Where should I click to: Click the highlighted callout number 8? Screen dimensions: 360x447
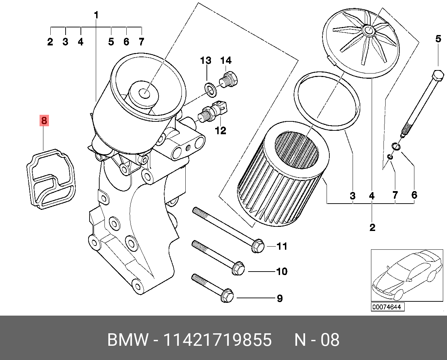click(x=44, y=121)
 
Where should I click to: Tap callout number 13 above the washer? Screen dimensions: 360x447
click(x=205, y=61)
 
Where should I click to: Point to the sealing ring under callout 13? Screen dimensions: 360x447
click(x=210, y=89)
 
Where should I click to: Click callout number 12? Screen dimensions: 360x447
click(x=220, y=130)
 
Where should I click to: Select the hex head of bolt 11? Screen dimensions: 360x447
click(x=257, y=246)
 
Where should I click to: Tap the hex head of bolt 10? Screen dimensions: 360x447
click(x=238, y=269)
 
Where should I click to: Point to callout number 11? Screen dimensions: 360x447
click(x=282, y=246)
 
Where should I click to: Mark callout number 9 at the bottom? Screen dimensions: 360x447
click(x=280, y=298)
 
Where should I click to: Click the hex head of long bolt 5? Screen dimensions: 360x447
click(x=438, y=76)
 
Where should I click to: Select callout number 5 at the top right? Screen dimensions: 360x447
click(x=438, y=39)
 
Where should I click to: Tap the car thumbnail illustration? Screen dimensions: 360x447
click(x=407, y=275)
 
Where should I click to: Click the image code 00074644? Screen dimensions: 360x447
click(x=387, y=307)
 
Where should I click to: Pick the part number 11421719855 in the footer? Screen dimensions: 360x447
click(x=217, y=340)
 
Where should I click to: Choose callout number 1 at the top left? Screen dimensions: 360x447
click(x=96, y=15)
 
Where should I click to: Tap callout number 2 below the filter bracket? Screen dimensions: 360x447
click(x=372, y=228)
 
